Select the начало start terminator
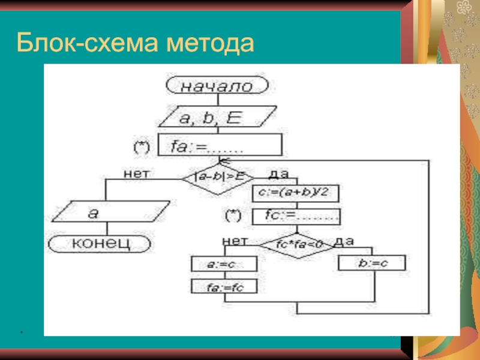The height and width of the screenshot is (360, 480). [217, 86]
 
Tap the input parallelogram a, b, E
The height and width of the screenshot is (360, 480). [217, 118]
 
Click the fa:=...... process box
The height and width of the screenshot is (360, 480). [220, 146]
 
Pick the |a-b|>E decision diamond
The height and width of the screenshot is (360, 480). [218, 176]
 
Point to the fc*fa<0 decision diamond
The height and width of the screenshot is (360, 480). [299, 244]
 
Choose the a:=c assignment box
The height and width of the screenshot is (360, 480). [224, 264]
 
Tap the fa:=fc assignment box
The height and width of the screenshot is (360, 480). [224, 287]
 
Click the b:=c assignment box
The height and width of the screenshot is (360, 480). [372, 263]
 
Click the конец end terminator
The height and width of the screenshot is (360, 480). [100, 243]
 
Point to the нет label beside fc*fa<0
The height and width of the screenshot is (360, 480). [235, 241]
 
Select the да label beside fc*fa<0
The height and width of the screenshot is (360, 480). [344, 241]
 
